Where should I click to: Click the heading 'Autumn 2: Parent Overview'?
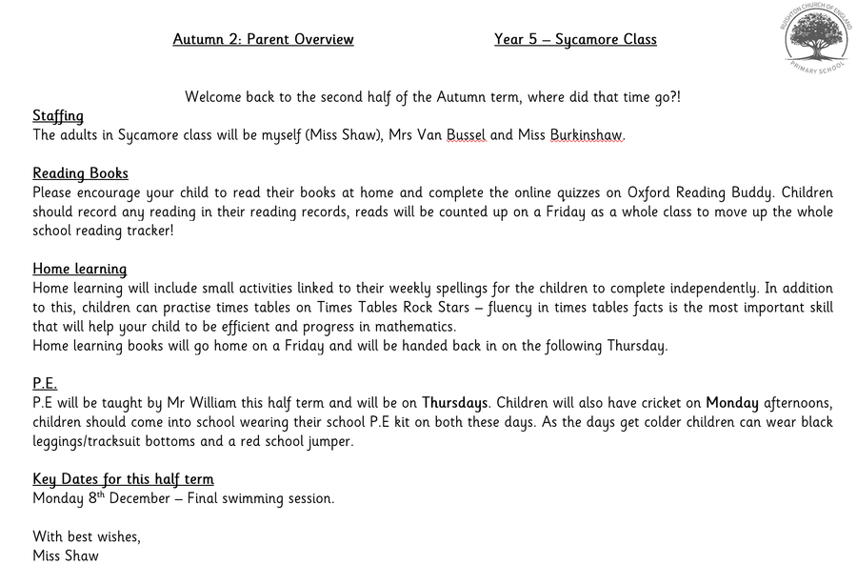pyautogui.click(x=263, y=40)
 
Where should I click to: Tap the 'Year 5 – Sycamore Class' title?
pyautogui.click(x=575, y=40)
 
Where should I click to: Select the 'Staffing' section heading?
pyautogui.click(x=58, y=116)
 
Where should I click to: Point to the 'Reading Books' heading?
pyautogui.click(x=80, y=173)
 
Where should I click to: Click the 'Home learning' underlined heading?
pyautogui.click(x=79, y=269)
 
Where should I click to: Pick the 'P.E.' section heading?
pyautogui.click(x=45, y=383)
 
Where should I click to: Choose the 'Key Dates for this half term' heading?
pyautogui.click(x=123, y=478)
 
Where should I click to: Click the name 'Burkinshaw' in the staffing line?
pyautogui.click(x=587, y=135)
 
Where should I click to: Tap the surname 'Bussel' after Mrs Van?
pyautogui.click(x=466, y=135)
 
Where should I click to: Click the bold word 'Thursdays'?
pyautogui.click(x=455, y=402)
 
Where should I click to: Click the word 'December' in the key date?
pyautogui.click(x=149, y=498)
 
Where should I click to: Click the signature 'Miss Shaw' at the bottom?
pyautogui.click(x=66, y=555)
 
